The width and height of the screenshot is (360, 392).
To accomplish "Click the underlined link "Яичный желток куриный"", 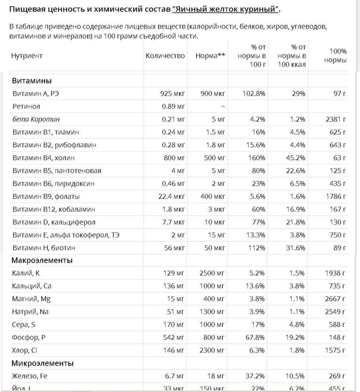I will pyautogui.click(x=226, y=9).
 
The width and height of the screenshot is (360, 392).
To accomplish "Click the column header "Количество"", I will pyautogui.click(x=165, y=56).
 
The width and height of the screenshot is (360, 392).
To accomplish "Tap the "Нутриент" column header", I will pyautogui.click(x=27, y=56).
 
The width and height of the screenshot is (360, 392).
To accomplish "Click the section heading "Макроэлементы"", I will pyautogui.click(x=42, y=260).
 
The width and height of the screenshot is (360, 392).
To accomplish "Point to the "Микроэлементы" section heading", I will pyautogui.click(x=43, y=363).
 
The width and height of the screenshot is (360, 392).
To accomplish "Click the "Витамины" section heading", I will pyautogui.click(x=32, y=81).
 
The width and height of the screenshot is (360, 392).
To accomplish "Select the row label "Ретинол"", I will pyautogui.click(x=26, y=106).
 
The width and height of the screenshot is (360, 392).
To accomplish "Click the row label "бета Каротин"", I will pyautogui.click(x=36, y=119).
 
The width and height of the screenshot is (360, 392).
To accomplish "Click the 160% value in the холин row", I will pyautogui.click(x=257, y=158).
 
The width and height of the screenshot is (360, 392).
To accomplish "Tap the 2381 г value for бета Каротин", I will pyautogui.click(x=335, y=119).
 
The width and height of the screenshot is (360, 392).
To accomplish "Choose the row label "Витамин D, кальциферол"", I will pyautogui.click(x=54, y=222).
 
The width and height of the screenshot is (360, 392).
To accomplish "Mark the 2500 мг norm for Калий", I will pyautogui.click(x=212, y=273).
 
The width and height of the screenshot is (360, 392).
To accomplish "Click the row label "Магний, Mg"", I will pyautogui.click(x=32, y=299).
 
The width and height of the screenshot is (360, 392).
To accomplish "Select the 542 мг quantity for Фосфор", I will pyautogui.click(x=174, y=337).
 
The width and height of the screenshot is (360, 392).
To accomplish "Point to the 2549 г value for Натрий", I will pyautogui.click(x=335, y=312).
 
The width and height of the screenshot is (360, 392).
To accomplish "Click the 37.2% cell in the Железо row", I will pyautogui.click(x=255, y=376).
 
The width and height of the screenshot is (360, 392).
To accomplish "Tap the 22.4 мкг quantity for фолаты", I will pyautogui.click(x=171, y=197).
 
